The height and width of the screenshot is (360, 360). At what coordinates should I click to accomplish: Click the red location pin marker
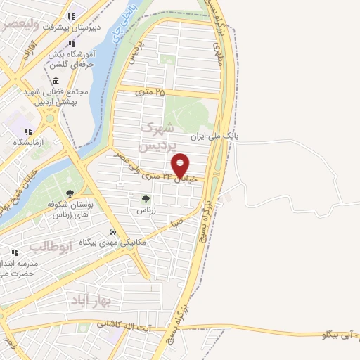tap(180, 165)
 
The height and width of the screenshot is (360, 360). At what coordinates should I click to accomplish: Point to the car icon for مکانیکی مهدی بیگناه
tap(112, 232)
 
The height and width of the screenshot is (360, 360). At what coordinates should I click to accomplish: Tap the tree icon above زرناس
tap(146, 199)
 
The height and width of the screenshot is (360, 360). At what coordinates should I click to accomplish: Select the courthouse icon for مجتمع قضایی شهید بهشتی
tap(56, 81)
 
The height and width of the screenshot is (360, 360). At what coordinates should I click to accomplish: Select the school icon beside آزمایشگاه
tap(28, 131)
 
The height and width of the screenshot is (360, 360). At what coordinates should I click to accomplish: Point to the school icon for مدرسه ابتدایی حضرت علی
tap(15, 252)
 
